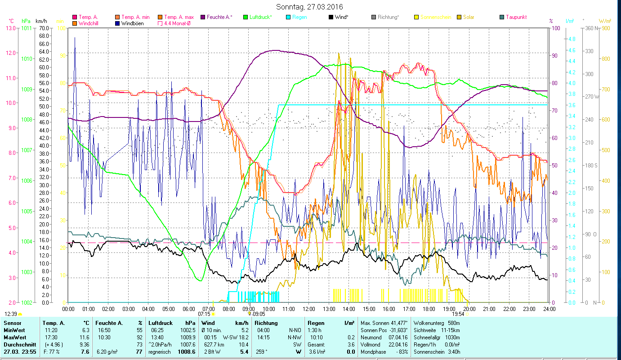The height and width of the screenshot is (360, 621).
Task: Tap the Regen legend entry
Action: [x=299, y=17]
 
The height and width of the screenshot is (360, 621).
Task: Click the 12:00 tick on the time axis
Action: [x=308, y=309]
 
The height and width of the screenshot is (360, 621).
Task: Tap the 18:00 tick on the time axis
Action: [x=429, y=309]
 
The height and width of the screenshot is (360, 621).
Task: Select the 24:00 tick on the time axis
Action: [x=549, y=309]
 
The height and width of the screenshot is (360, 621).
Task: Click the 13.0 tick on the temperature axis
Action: [x=10, y=28]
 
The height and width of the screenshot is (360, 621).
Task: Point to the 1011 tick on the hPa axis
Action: [x=27, y=28]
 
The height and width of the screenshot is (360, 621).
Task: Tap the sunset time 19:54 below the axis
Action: [x=458, y=314]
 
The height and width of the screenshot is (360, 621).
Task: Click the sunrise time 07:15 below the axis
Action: [x=204, y=314]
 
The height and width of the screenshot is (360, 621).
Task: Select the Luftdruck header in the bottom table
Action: [x=160, y=323]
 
